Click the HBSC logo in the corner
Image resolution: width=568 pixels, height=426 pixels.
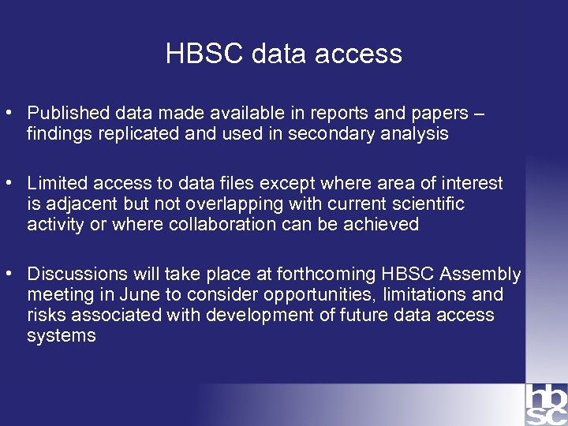click(546, 405)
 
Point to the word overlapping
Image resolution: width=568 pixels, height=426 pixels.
click(229, 204)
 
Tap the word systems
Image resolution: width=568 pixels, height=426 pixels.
click(62, 336)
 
